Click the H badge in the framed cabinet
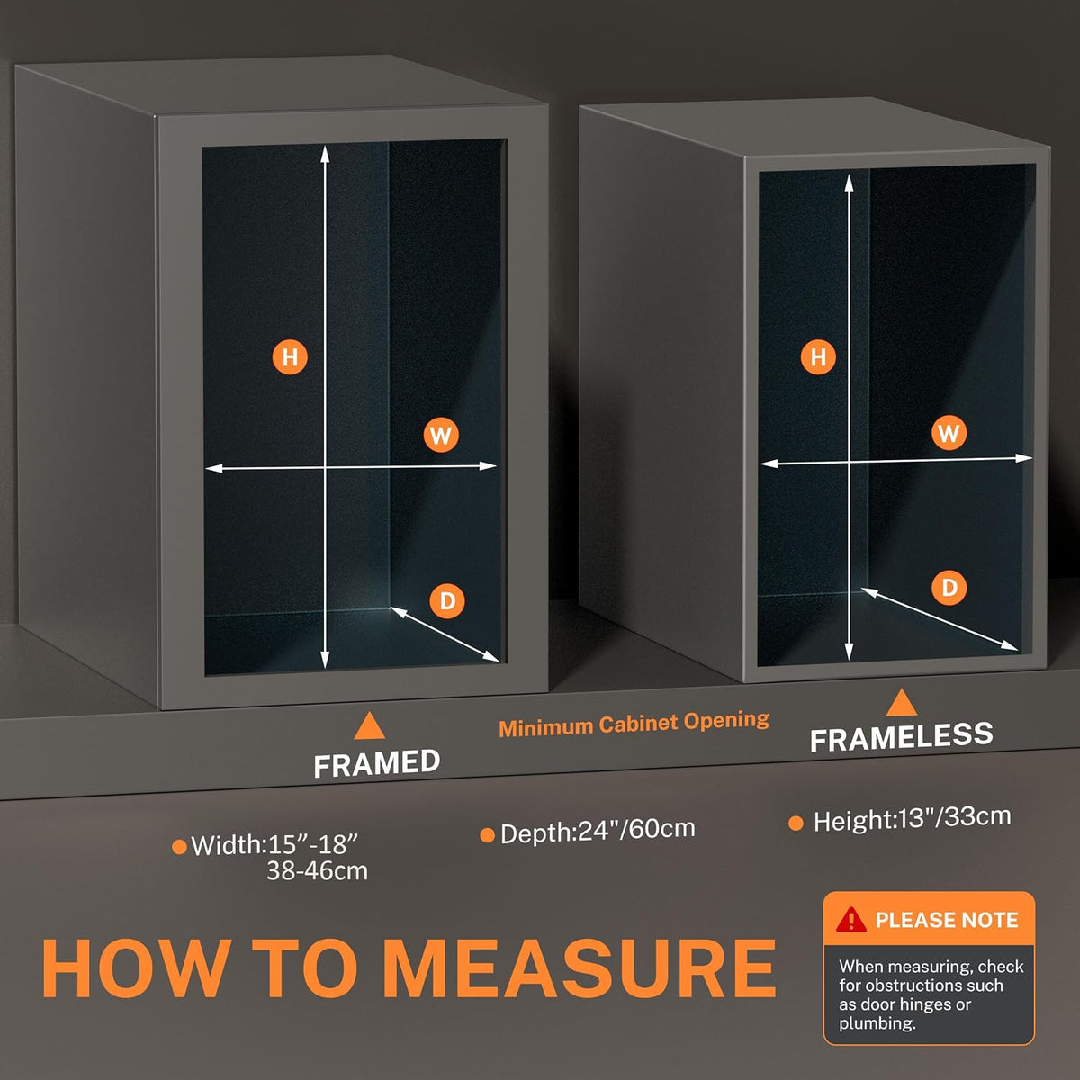click(290, 357)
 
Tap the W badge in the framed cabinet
click(441, 435)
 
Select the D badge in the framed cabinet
click(447, 601)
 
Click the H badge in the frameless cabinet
click(818, 356)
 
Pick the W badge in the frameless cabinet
click(949, 433)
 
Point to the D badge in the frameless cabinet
click(949, 588)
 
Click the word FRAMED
click(376, 764)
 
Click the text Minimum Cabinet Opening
click(634, 724)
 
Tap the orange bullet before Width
click(179, 846)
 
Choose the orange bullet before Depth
click(487, 835)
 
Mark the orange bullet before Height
click(796, 823)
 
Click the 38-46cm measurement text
click(317, 871)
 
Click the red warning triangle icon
click(851, 920)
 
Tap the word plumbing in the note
click(877, 1023)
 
